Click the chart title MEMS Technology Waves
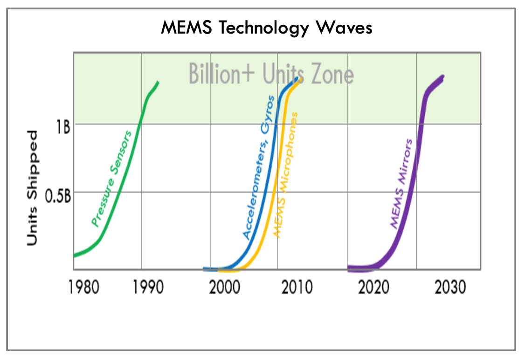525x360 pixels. (x=266, y=28)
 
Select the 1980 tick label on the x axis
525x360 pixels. (x=83, y=287)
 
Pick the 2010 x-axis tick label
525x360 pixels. (x=297, y=287)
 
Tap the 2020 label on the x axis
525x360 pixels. (x=373, y=287)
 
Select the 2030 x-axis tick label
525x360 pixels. (x=450, y=287)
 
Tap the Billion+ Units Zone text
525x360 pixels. (x=271, y=74)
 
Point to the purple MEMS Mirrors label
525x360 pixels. (x=401, y=184)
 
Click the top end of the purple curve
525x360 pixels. (x=442, y=78)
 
